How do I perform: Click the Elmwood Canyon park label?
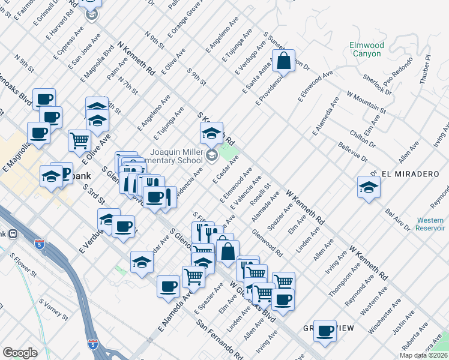[x=366, y=49]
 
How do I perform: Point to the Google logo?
[x=20, y=353]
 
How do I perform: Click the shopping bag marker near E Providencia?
[x=284, y=61]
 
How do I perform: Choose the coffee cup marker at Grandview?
[x=325, y=330]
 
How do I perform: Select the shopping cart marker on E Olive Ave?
[x=80, y=141]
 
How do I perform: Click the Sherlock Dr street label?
[x=378, y=85]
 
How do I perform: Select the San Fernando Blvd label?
[x=219, y=339]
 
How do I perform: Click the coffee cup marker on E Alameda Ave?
[x=169, y=286]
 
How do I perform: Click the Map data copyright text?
[x=423, y=355]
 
